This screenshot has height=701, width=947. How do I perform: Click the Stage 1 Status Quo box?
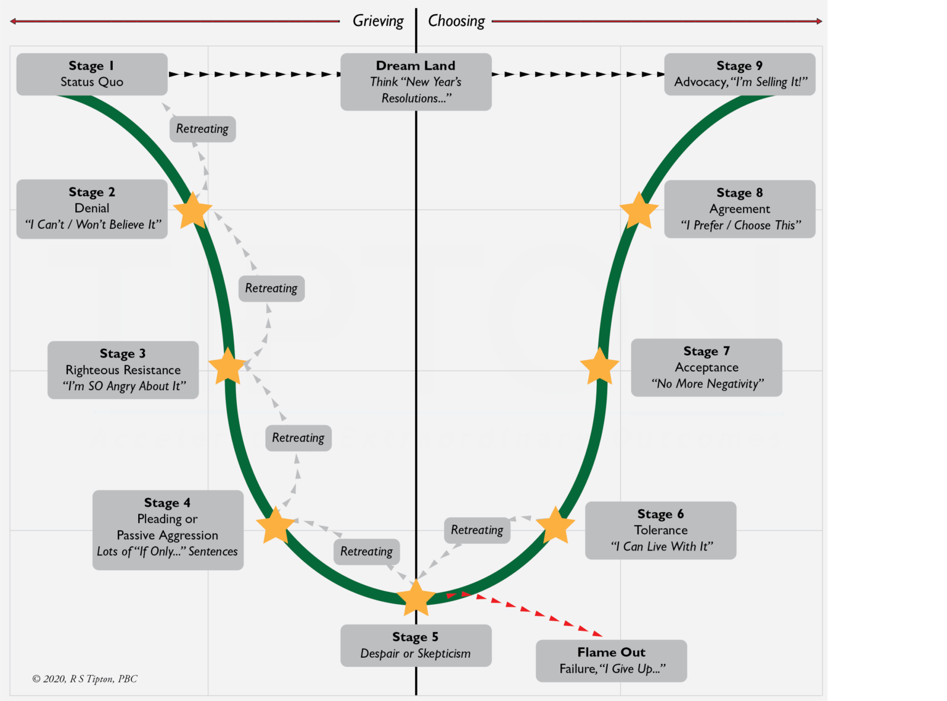click(92, 74)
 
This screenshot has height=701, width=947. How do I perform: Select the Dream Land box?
click(416, 81)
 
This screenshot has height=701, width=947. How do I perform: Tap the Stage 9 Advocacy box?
click(739, 74)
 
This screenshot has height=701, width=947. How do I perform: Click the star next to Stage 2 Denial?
click(193, 211)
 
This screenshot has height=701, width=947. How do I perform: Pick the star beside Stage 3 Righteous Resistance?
click(228, 367)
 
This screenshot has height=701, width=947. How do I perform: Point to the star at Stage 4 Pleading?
click(275, 526)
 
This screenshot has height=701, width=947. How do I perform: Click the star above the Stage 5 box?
click(416, 597)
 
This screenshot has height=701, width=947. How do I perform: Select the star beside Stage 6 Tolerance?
click(555, 526)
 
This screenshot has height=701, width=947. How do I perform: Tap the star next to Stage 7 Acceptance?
click(599, 367)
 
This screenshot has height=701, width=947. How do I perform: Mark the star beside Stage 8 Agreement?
click(639, 211)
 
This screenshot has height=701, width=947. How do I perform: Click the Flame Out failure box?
click(611, 660)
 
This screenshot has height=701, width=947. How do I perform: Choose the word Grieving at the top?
click(378, 21)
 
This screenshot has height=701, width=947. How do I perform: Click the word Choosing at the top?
click(456, 21)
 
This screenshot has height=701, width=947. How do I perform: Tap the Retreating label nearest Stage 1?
click(202, 129)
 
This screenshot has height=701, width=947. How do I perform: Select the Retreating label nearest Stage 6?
click(477, 530)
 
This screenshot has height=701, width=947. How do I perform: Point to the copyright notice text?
click(84, 679)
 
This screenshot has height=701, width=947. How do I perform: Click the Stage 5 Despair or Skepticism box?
click(416, 646)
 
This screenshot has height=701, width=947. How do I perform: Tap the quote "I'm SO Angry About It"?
click(123, 387)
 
